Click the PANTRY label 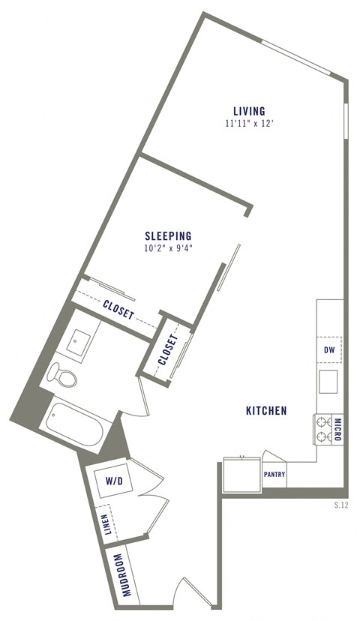point(274,475)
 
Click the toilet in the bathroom point(63,374)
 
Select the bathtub point(72,426)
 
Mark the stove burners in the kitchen point(323,430)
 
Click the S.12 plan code point(341,505)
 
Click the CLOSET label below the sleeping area point(119,310)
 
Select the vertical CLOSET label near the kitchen point(168,349)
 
